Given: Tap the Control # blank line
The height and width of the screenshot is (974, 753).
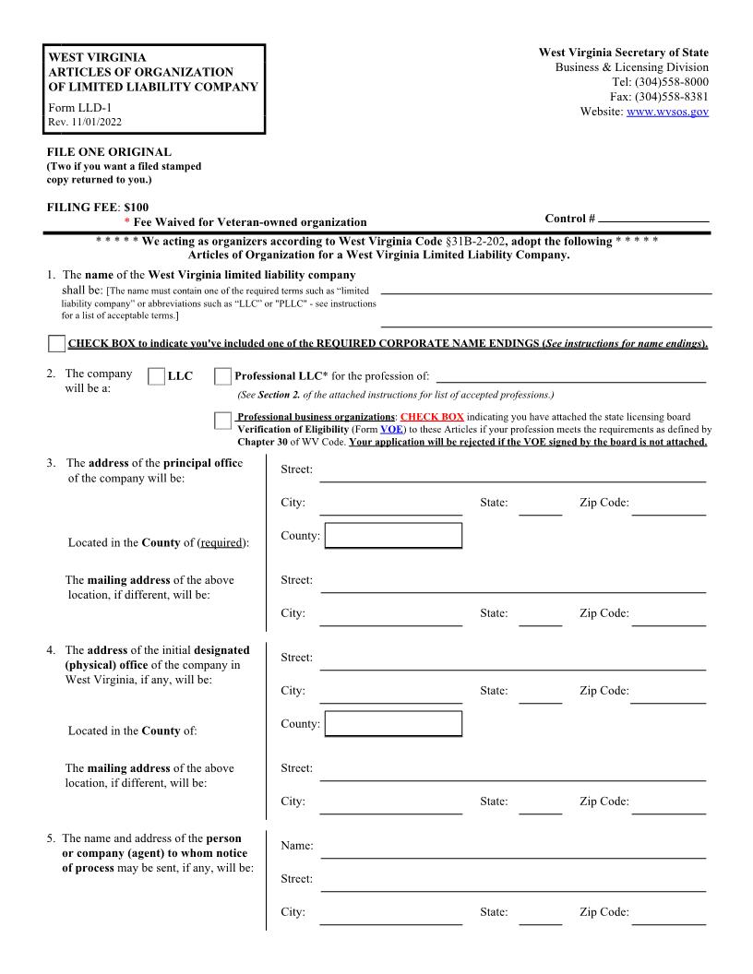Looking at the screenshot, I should pyautogui.click(x=653, y=220).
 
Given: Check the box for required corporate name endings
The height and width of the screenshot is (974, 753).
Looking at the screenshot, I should pyautogui.click(x=56, y=344).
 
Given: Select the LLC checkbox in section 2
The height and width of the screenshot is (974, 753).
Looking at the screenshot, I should pyautogui.click(x=156, y=376).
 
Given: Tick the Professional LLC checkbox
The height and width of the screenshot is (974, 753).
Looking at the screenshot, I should pyautogui.click(x=222, y=376).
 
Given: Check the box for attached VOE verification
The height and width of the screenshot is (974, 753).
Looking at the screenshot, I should pyautogui.click(x=222, y=422).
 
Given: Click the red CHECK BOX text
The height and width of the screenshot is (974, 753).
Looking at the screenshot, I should pyautogui.click(x=432, y=417).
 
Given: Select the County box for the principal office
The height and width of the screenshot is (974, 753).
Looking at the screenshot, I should pyautogui.click(x=393, y=536).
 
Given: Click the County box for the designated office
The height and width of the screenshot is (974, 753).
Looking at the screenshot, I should pyautogui.click(x=393, y=724).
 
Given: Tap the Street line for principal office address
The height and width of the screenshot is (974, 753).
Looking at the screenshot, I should pyautogui.click(x=512, y=472).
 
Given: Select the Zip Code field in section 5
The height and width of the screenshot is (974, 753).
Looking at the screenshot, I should pyautogui.click(x=668, y=915).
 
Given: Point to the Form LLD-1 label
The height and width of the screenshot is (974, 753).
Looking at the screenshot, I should pyautogui.click(x=78, y=107).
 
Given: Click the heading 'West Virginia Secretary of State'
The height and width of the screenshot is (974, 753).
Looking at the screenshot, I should pyautogui.click(x=624, y=53).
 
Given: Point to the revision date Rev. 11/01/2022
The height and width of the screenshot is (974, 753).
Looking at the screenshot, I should pyautogui.click(x=84, y=122).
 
